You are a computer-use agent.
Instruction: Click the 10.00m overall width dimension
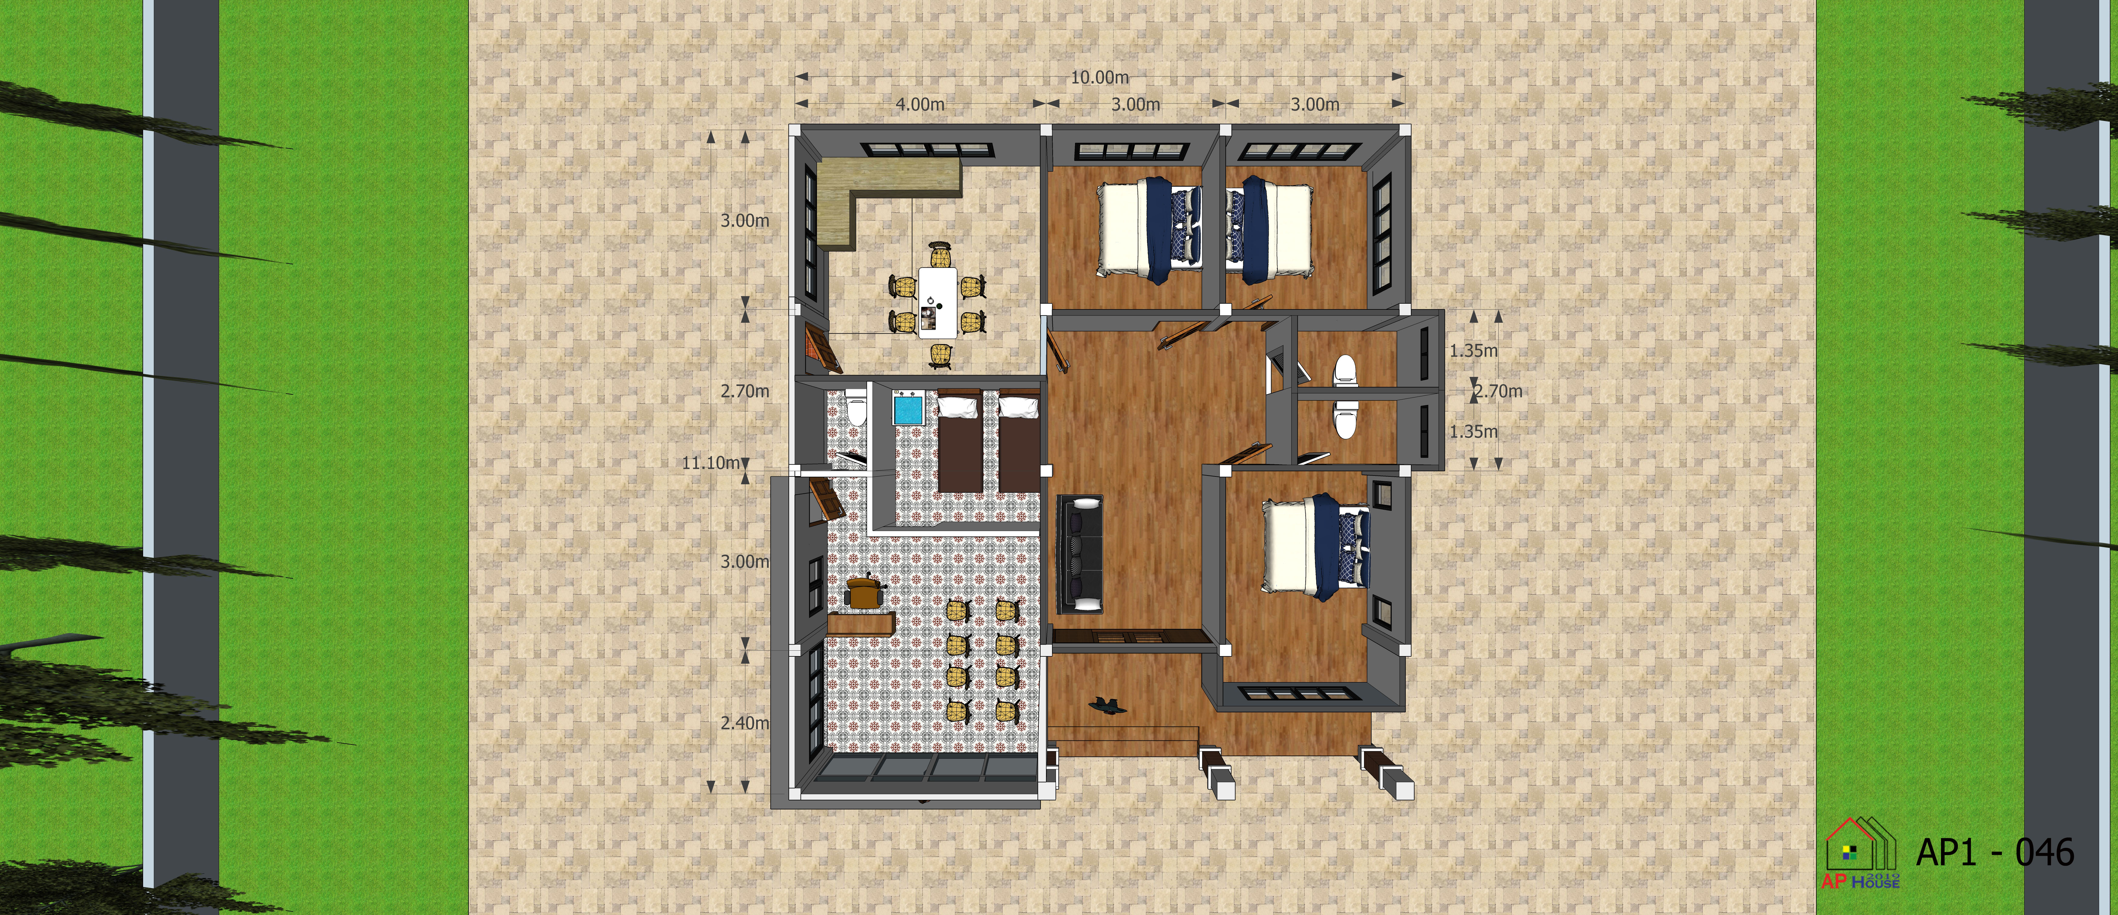click(1099, 77)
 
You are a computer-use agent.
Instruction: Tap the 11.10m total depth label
click(710, 463)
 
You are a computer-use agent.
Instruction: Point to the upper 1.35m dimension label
click(1474, 350)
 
